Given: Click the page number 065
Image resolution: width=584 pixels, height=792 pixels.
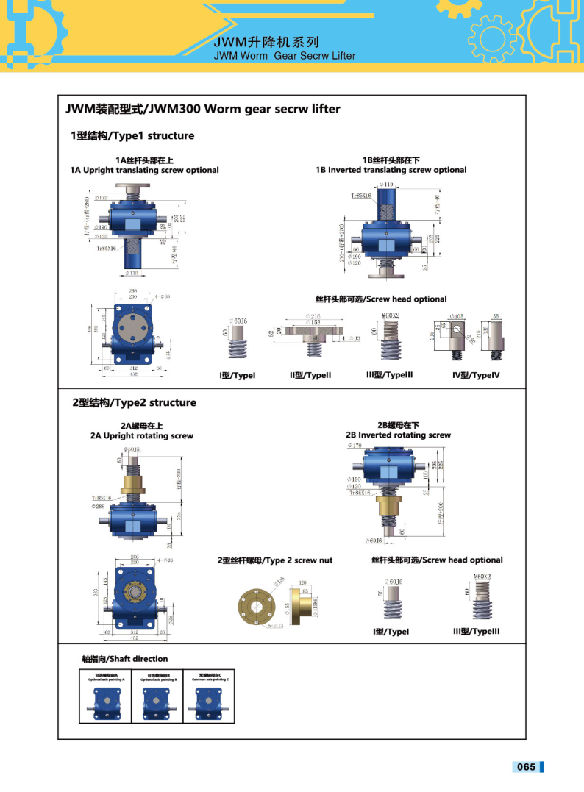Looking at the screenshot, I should coord(526,767).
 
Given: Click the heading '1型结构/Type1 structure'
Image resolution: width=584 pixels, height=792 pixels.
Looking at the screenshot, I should coord(132,135).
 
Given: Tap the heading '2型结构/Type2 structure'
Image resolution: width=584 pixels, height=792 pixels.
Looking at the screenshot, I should coord(134,402).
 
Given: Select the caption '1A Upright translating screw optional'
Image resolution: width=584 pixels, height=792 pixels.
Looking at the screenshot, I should coord(144,170).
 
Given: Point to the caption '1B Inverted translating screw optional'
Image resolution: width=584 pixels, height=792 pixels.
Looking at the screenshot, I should coord(391,170).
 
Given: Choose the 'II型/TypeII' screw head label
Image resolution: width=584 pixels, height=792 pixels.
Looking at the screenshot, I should coord(310,375).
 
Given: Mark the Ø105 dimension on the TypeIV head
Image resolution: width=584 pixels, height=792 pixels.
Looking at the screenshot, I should coord(457,317).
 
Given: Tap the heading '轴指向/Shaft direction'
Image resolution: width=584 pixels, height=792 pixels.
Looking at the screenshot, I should coord(125,659).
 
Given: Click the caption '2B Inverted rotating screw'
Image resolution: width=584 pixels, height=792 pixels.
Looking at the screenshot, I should coord(398,435).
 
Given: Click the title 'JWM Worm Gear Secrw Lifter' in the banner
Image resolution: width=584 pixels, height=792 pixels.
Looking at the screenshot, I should coord(284,56).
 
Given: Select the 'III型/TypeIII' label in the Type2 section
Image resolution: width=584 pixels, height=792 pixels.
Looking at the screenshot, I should coord(476,631).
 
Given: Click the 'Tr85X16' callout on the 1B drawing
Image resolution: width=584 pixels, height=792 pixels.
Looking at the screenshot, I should coord(363,196).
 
